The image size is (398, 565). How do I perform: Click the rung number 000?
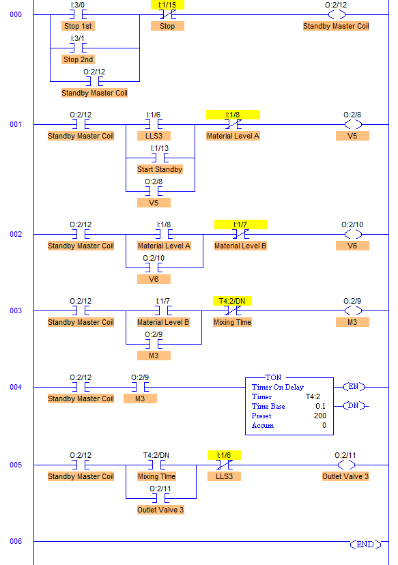(16, 14)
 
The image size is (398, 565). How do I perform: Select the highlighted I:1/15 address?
(167, 5)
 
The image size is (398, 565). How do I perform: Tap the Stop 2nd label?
(79, 59)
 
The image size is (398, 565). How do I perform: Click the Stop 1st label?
(79, 26)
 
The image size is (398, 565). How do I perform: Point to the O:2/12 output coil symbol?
(336, 14)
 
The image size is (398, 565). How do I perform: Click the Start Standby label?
(160, 169)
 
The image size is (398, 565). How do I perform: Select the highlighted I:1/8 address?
(233, 115)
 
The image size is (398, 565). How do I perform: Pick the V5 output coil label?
(352, 136)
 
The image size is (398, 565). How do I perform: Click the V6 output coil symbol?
(353, 234)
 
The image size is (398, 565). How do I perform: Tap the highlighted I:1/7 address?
(240, 224)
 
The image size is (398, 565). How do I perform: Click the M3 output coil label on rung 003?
(352, 322)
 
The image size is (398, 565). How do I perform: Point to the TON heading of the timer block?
(273, 377)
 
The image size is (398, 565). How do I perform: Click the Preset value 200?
(318, 416)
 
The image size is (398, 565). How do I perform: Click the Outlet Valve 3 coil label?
(346, 476)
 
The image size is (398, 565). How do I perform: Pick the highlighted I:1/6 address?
(224, 455)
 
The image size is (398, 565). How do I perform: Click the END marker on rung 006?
(365, 544)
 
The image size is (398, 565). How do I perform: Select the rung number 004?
(16, 387)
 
